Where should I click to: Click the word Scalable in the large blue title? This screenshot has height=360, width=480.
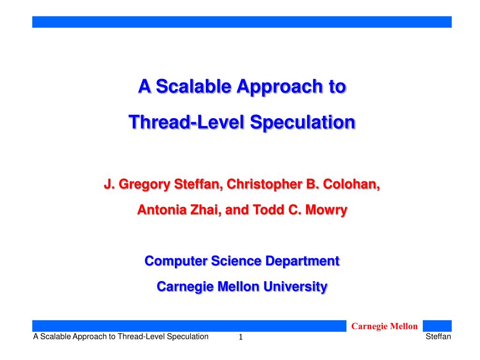coord(194,86)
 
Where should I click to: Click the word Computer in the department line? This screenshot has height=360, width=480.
coord(176,262)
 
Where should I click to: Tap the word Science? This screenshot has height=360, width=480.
coord(236,261)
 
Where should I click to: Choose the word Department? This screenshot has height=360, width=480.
coord(302,262)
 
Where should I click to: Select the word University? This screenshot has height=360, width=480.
coord(295,287)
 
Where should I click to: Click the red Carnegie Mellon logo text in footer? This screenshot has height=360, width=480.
coord(384,326)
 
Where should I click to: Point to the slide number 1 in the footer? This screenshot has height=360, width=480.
coord(240,337)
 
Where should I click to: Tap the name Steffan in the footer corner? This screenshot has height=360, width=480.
coord(438,337)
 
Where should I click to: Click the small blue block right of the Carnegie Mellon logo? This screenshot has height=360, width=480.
coord(437,326)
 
